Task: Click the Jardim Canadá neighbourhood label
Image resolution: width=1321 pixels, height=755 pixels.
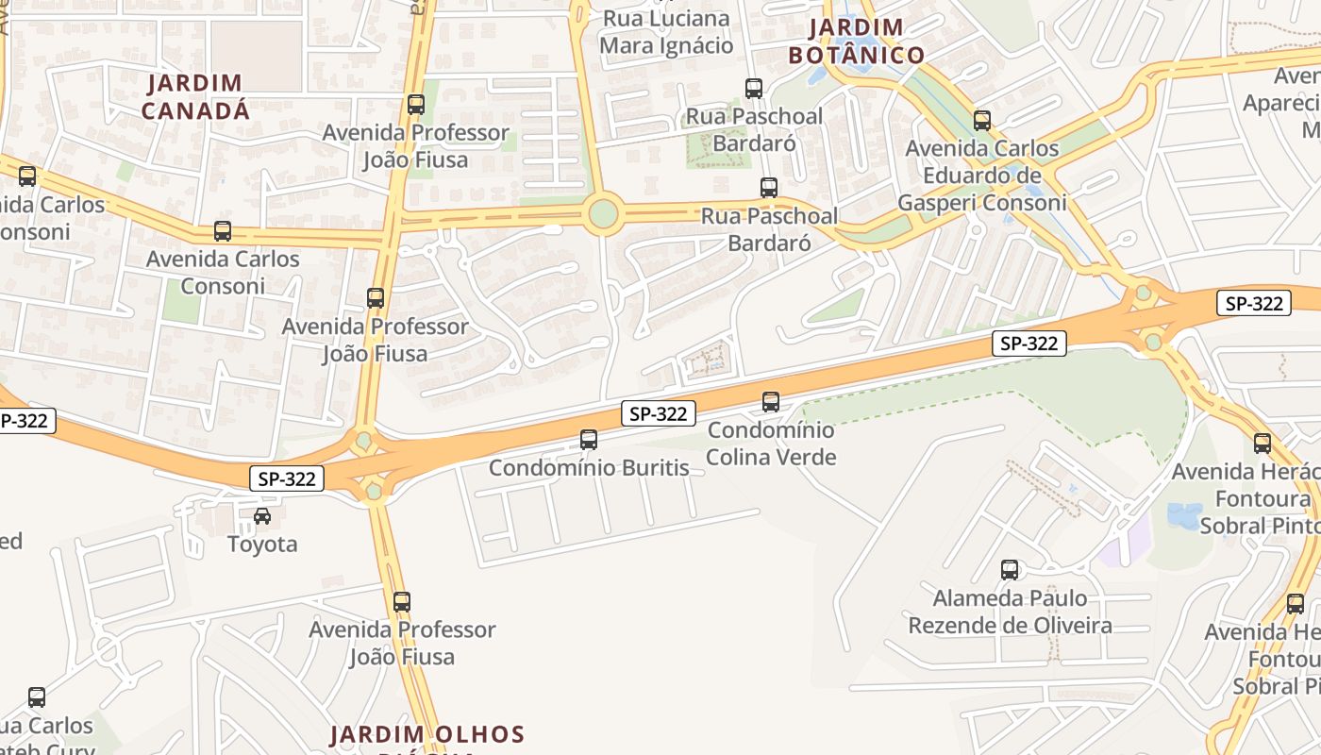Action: click(x=196, y=97)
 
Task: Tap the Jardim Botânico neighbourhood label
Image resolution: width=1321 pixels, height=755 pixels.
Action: click(x=857, y=42)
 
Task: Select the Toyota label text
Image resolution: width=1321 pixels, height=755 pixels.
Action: click(x=262, y=545)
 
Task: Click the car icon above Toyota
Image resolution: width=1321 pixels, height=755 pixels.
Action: click(x=262, y=516)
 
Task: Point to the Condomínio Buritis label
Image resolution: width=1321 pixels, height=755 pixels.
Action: click(x=589, y=468)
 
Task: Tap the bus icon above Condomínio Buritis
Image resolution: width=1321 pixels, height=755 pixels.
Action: click(x=589, y=440)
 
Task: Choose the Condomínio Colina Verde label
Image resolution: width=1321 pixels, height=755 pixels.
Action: click(x=771, y=444)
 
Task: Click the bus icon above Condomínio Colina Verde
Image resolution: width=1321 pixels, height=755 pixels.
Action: click(x=771, y=402)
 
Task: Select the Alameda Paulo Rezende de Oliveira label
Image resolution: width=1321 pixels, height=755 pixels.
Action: click(x=1010, y=612)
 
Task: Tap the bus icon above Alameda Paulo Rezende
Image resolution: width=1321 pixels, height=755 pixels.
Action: click(x=1010, y=570)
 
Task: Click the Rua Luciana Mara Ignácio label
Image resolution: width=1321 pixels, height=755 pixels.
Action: click(x=666, y=32)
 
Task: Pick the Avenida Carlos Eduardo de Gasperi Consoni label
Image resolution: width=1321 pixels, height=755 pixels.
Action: click(x=982, y=176)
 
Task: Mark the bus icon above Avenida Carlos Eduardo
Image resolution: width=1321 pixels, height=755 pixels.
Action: click(x=982, y=121)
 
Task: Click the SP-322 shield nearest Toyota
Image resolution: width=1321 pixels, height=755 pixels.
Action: click(x=287, y=478)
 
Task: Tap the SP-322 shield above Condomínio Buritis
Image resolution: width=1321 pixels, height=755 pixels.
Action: click(x=659, y=413)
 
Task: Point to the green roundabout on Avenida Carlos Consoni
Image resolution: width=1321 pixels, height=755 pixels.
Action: click(x=603, y=215)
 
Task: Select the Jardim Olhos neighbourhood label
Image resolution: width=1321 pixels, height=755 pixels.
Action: click(x=426, y=734)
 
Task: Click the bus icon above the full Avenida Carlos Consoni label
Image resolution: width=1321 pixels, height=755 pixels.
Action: click(x=223, y=231)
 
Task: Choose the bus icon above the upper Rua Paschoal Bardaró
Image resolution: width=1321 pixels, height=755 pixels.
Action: click(x=754, y=89)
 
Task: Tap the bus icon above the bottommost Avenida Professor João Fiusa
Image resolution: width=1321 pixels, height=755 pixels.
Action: click(x=402, y=601)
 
